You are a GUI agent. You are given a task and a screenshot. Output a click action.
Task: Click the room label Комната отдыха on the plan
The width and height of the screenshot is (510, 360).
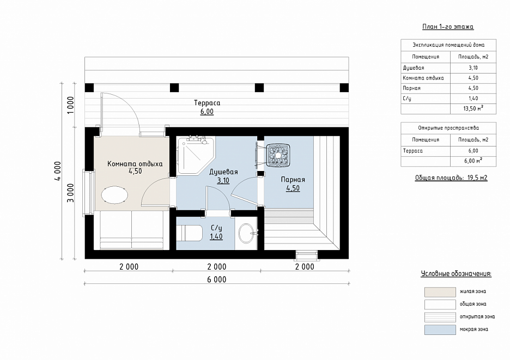point(135,164)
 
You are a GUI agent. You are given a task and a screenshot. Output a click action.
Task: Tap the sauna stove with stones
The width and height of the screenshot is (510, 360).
point(278,155)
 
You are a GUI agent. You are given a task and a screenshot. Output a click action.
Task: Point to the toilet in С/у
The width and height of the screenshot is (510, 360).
point(190,233)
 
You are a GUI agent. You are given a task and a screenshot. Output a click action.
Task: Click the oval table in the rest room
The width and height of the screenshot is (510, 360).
point(114,195)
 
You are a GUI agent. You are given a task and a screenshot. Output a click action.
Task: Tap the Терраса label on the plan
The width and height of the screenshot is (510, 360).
point(207,103)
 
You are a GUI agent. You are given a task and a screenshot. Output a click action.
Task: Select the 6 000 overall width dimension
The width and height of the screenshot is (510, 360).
point(217,279)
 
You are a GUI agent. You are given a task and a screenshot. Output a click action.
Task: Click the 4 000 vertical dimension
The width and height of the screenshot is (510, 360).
point(58,170)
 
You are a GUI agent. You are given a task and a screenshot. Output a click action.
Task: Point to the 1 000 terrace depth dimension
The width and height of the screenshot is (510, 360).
point(70,105)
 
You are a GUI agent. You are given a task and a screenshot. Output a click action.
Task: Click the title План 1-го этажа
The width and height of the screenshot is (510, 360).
point(448,27)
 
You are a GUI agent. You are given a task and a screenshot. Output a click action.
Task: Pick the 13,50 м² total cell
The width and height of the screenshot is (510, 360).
point(473,108)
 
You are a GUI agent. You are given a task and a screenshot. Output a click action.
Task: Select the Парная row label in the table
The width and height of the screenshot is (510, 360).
point(411,88)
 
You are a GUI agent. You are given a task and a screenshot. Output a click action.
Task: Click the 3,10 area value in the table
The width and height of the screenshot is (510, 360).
point(473,68)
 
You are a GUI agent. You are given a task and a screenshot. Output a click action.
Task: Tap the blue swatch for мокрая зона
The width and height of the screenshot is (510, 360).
point(440,330)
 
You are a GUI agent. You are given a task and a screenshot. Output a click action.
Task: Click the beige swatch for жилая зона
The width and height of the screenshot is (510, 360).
point(440,292)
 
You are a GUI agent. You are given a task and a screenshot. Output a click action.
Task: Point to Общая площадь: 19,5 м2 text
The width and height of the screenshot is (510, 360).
point(451,178)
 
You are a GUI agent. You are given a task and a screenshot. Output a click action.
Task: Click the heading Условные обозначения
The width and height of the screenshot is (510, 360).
point(456,274)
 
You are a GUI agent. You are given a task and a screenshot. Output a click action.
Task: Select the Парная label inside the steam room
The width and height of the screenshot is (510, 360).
point(293,180)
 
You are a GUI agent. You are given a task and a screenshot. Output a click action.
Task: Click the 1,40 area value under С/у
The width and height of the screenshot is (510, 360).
point(216,236)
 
